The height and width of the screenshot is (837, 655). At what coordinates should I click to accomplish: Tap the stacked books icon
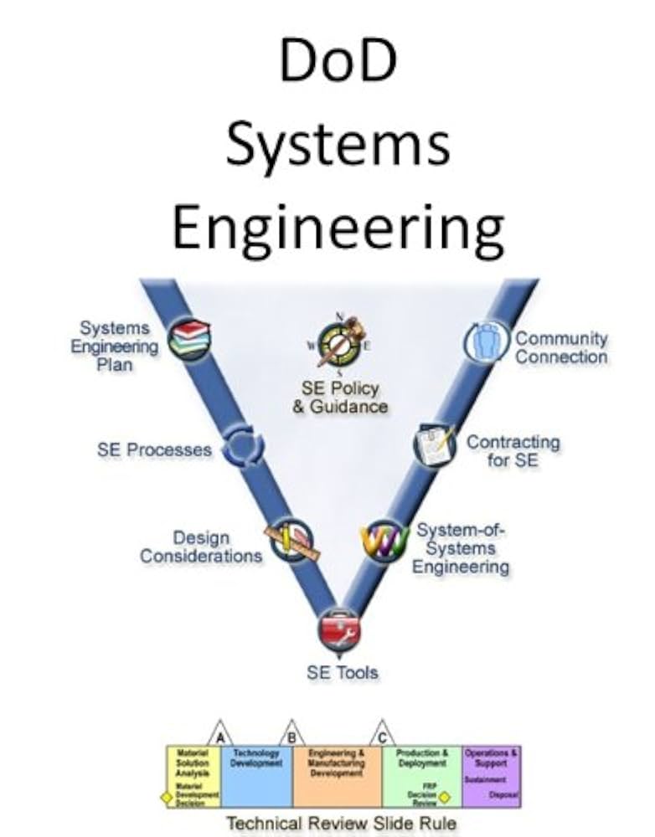[x=189, y=339]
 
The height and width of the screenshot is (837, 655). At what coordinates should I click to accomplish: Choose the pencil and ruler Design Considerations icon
[x=290, y=542]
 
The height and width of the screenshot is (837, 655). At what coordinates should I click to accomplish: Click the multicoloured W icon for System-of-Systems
[x=384, y=542]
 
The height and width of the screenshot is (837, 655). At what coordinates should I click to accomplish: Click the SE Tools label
[x=342, y=672]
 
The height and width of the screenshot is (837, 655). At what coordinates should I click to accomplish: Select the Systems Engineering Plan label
[x=114, y=346]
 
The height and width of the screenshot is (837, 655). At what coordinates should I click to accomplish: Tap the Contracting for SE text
[x=513, y=450]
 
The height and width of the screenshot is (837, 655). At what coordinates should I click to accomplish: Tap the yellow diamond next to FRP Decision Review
[x=444, y=797]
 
